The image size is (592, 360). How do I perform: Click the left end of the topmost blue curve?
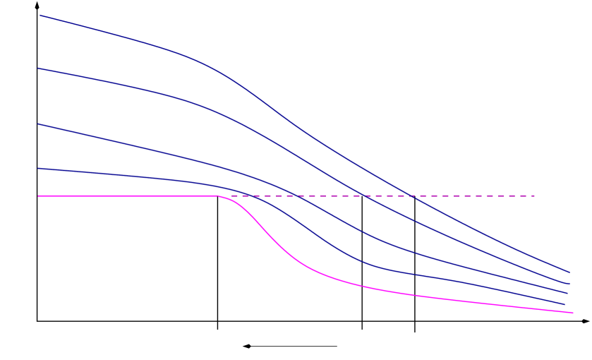(39, 15)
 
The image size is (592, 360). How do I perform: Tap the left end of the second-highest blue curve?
(38, 68)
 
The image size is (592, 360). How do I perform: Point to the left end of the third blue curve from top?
(38, 124)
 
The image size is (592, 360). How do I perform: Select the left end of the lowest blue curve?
(38, 168)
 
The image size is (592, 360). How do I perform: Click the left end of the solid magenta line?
(38, 196)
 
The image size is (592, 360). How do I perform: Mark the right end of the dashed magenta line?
(535, 196)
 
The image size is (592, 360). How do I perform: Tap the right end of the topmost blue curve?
(569, 272)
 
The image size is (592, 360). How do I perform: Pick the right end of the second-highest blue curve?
(569, 283)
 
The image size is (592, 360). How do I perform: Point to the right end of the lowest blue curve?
(566, 305)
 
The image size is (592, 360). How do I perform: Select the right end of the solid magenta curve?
(573, 313)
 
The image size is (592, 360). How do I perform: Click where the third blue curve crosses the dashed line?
(296, 196)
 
